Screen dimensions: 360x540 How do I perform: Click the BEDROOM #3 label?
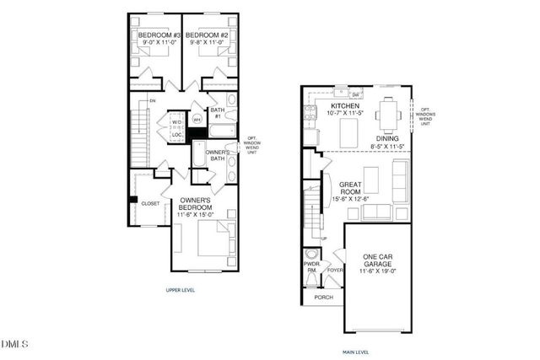click(157, 35)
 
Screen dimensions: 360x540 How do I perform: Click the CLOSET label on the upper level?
click(150, 203)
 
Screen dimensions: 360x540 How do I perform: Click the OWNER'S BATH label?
click(218, 155)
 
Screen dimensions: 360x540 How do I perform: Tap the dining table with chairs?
click(388, 112)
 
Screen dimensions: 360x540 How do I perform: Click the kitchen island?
click(348, 131)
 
